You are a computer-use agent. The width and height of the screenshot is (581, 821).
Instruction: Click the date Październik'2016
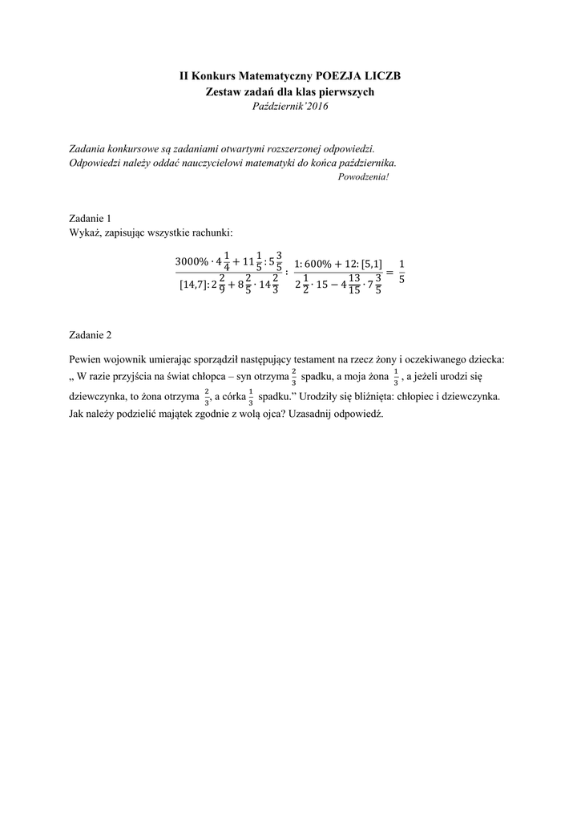coord(290,106)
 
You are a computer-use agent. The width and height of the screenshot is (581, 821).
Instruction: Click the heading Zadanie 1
coord(90,218)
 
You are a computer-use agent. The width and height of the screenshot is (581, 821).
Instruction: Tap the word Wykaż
coord(84,233)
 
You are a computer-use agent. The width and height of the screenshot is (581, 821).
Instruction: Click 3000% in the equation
coord(192,264)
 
